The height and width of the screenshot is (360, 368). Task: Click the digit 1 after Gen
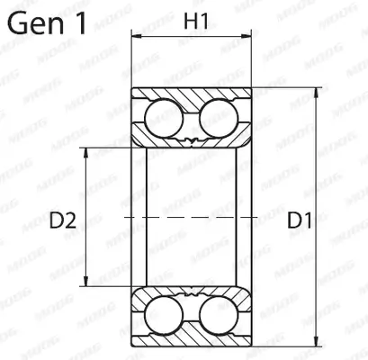[x=81, y=23]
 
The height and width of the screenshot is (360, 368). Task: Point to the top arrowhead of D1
[x=318, y=94]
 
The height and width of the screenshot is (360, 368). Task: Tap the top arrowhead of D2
[x=87, y=149]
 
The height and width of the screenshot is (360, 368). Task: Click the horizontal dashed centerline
[x=191, y=217]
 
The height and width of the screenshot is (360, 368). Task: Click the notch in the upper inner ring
[x=191, y=140]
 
